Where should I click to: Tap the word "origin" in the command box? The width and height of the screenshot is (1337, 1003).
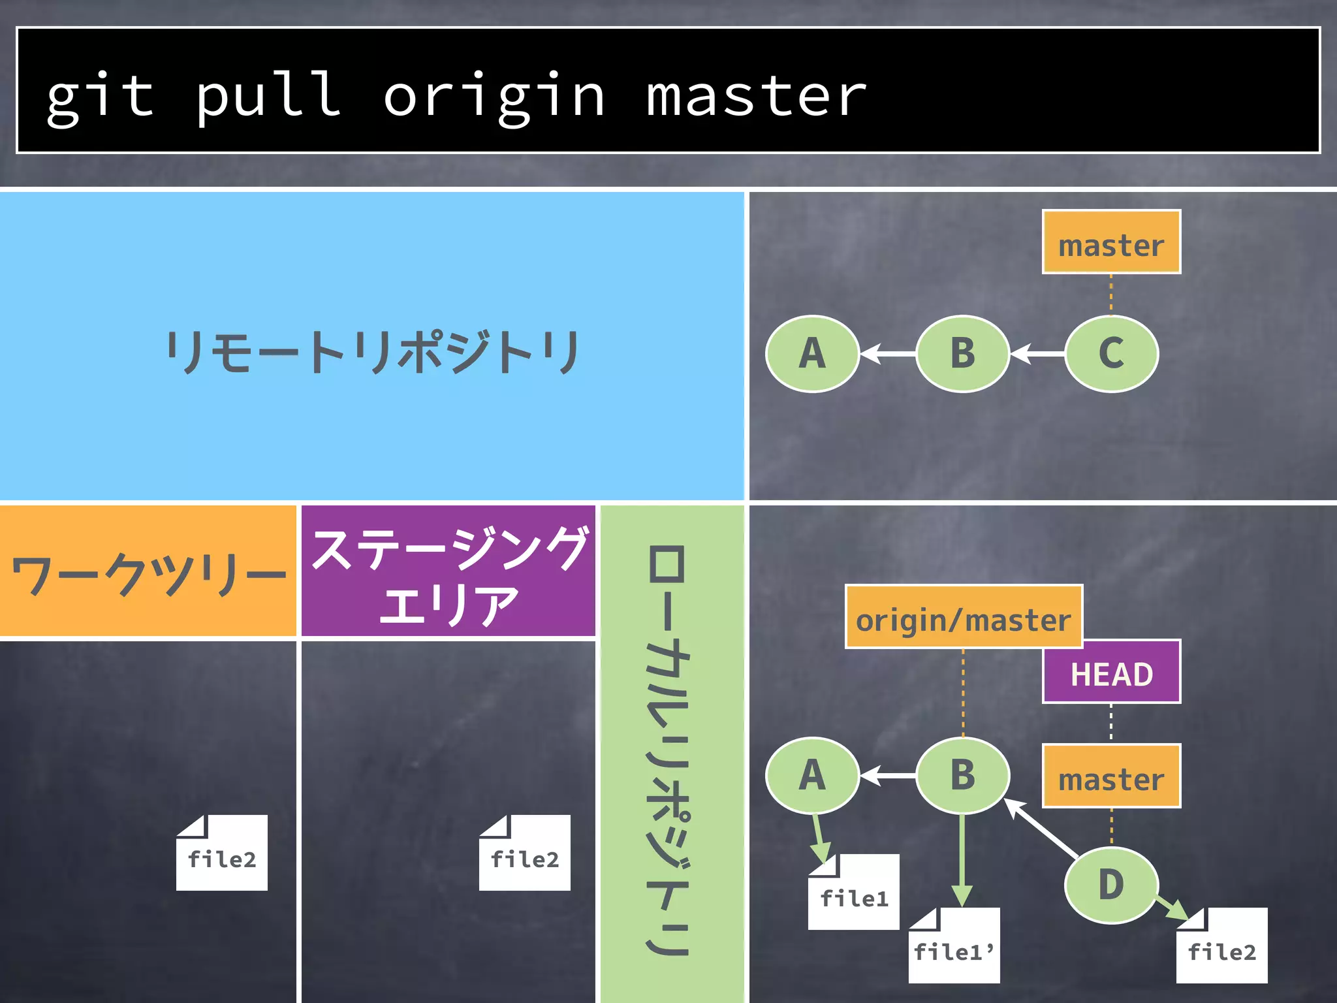coord(494,97)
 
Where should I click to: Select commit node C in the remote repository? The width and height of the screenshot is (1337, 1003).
coord(1111,353)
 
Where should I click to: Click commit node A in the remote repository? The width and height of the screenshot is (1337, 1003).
coord(812,353)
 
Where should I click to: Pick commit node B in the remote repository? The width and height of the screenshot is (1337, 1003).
coord(963,353)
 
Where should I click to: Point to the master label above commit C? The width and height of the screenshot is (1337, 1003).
coord(1111,242)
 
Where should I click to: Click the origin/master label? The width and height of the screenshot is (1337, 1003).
coord(964,617)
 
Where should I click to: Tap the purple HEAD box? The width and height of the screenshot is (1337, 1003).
coord(1111,672)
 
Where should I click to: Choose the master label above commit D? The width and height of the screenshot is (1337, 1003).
coord(1111,776)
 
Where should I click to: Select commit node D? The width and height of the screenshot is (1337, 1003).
coord(1111,885)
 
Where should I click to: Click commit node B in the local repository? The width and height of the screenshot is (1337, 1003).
coord(963,775)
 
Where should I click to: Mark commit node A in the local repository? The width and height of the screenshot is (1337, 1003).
coord(812,775)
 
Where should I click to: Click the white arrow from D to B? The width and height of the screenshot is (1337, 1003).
coord(1042,828)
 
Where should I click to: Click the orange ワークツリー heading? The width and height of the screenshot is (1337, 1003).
coord(148,571)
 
